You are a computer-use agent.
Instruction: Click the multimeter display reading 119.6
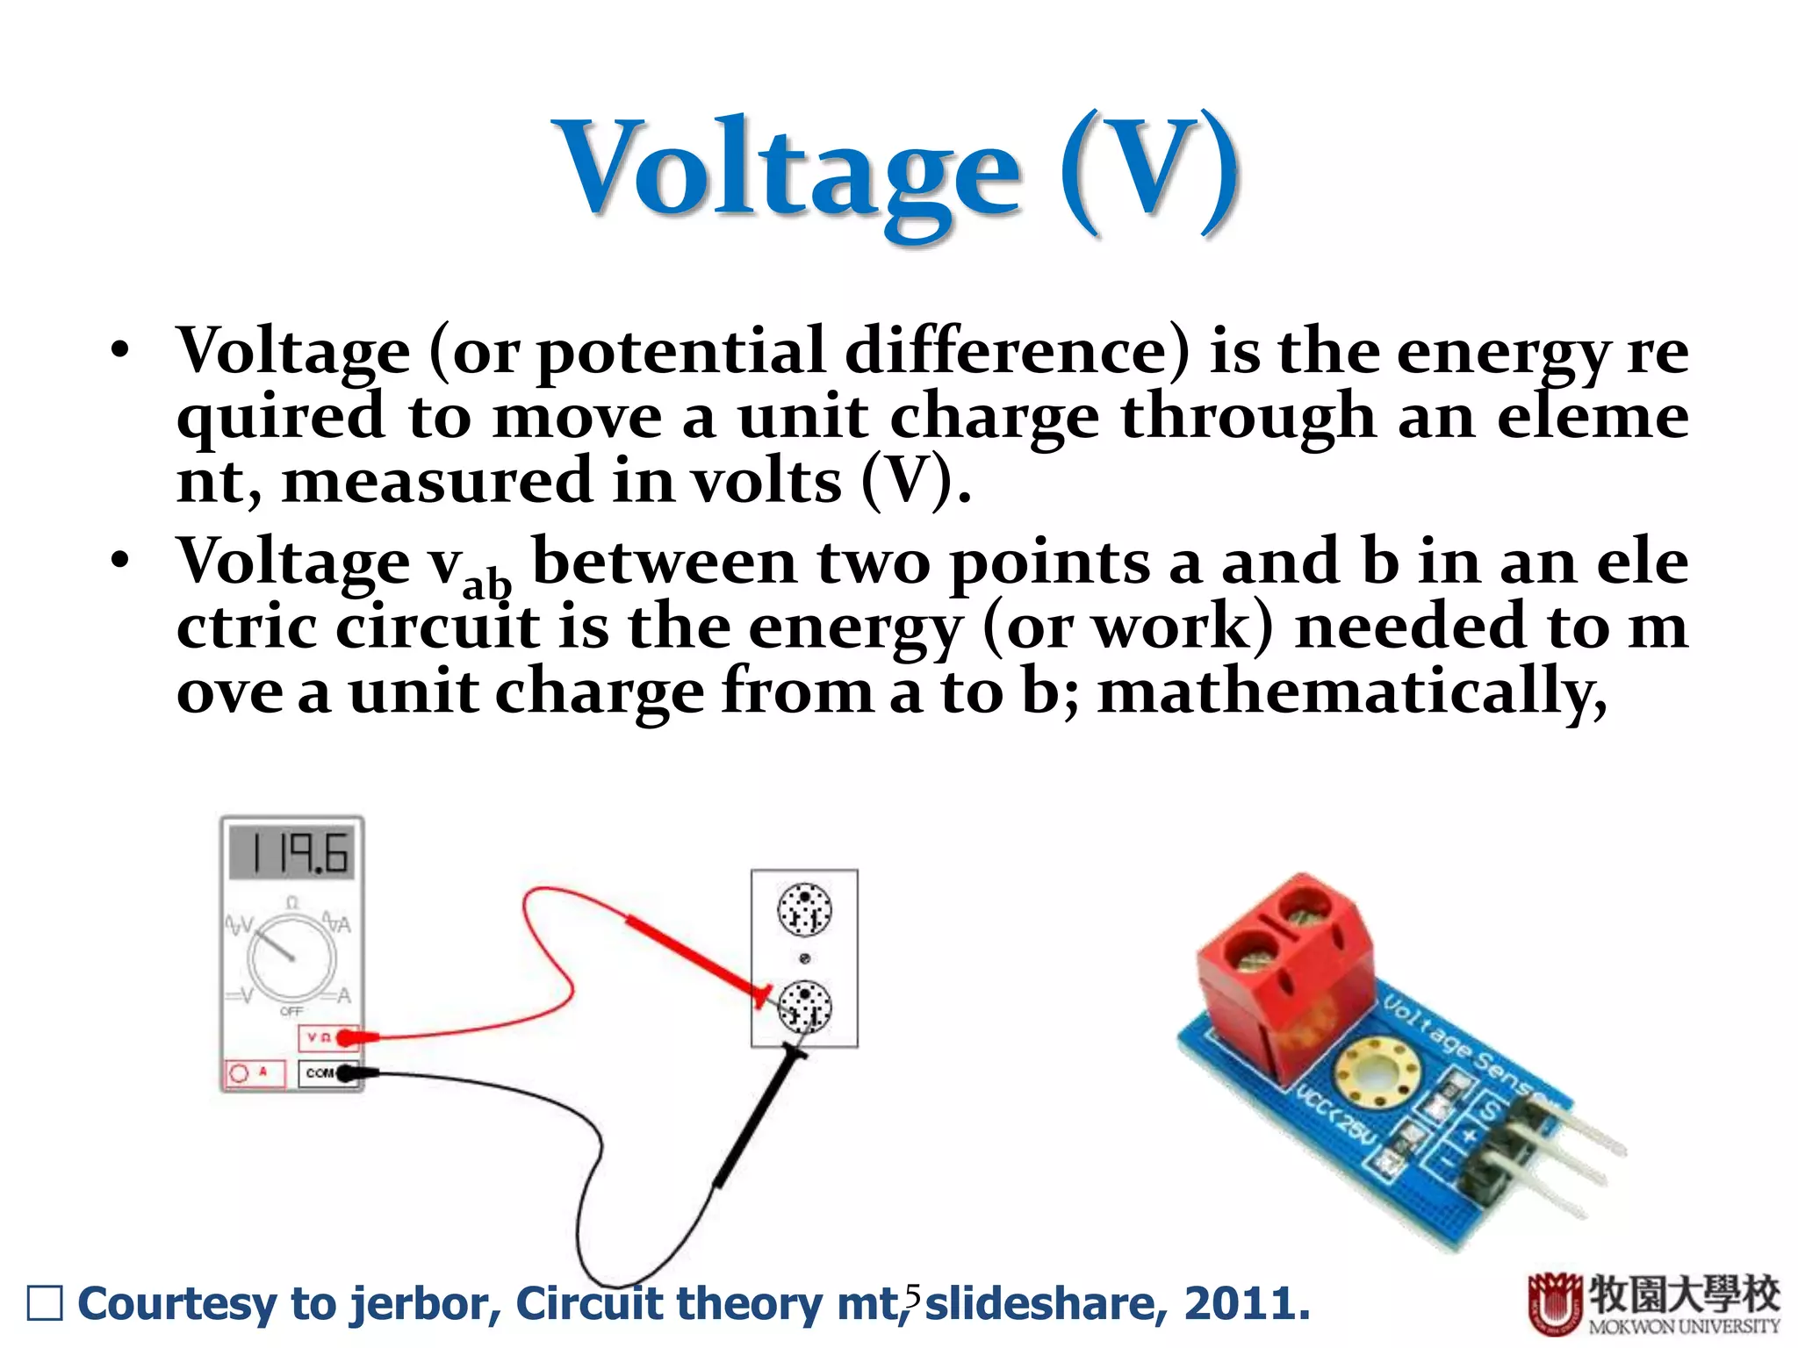click(x=292, y=852)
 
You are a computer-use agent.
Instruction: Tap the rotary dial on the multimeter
click(x=291, y=957)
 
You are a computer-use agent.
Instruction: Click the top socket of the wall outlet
click(x=804, y=910)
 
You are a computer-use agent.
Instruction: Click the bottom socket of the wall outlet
click(x=804, y=1007)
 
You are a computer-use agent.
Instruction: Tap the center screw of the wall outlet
click(x=804, y=958)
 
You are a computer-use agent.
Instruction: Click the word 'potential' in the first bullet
click(x=681, y=351)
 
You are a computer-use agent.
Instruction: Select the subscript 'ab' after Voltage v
click(x=486, y=583)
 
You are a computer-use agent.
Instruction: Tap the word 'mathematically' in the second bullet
click(x=1352, y=693)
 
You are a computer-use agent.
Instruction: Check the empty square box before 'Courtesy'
click(x=45, y=1303)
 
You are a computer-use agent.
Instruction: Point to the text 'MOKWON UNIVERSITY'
click(x=1684, y=1327)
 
